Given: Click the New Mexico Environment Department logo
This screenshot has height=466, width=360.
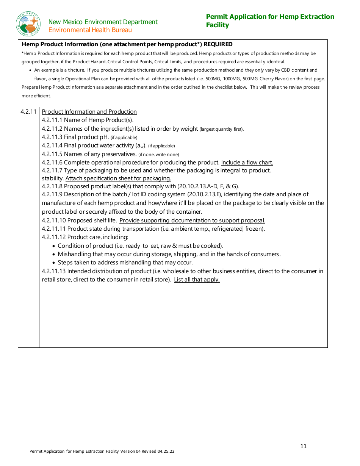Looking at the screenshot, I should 28,24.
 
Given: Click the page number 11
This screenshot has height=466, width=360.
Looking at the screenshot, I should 303,446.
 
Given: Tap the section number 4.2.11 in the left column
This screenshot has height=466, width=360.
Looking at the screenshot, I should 28,111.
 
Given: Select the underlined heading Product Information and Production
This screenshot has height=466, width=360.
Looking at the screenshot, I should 89,112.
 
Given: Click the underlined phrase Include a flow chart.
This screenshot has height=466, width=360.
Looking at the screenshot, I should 247,163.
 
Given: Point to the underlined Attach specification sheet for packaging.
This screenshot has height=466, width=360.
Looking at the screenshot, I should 118,178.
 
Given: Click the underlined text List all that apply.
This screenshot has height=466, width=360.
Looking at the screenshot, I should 197,280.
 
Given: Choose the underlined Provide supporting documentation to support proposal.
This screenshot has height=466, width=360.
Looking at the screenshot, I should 192,220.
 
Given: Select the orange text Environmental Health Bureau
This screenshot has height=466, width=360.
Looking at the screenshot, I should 90,30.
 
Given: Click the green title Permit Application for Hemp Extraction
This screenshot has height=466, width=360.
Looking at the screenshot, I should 270,17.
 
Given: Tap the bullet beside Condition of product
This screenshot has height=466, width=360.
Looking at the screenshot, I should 54,246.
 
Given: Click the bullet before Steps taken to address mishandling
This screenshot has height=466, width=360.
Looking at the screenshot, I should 54,263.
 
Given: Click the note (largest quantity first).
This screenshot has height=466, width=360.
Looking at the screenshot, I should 222,129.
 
